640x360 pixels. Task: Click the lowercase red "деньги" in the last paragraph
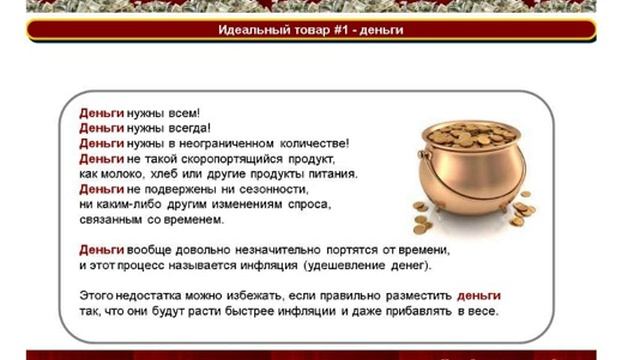coord(479,296)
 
